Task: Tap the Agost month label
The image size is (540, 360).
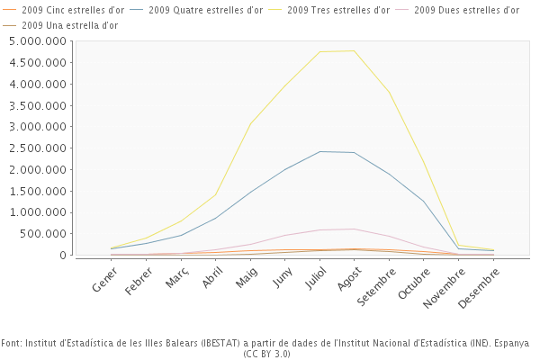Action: pos(350,282)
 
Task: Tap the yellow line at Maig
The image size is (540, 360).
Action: pos(250,123)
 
